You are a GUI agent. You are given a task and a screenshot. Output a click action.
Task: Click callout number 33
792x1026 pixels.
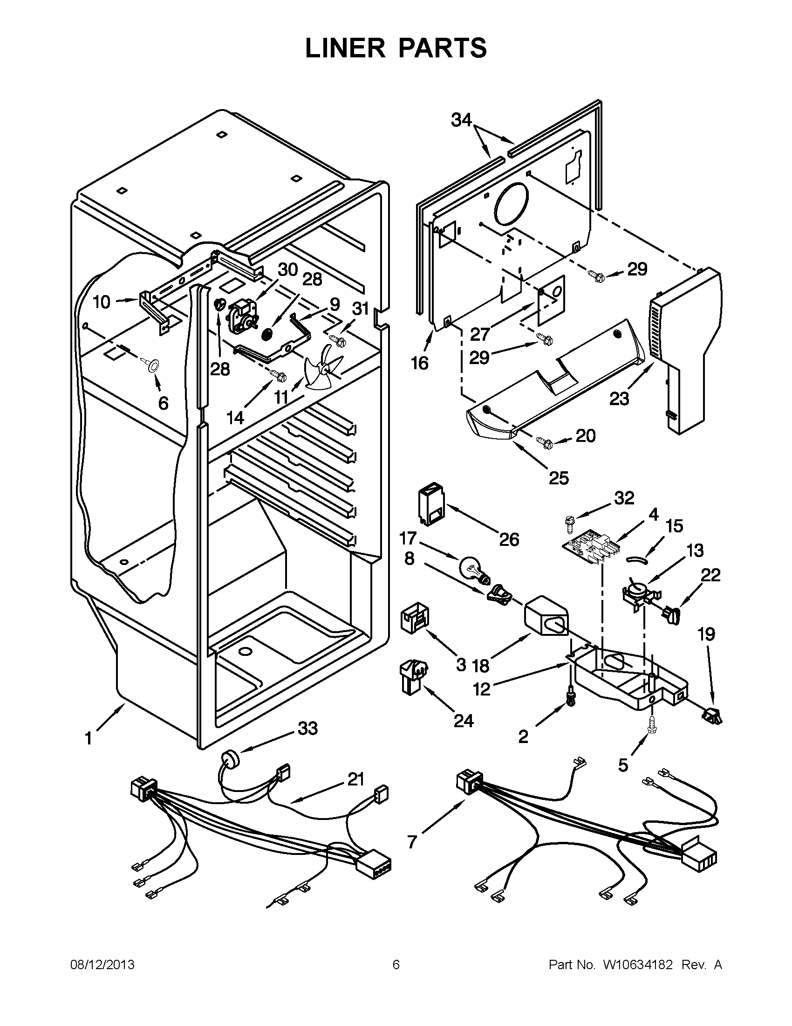[x=307, y=729]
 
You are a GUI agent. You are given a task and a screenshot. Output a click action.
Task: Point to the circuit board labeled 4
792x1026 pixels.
[x=589, y=548]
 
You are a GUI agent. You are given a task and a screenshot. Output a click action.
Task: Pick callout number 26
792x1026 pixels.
[x=509, y=540]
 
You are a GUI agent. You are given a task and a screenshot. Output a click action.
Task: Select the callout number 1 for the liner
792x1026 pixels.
[x=89, y=738]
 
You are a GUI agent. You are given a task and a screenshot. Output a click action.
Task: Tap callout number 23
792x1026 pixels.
[x=620, y=399]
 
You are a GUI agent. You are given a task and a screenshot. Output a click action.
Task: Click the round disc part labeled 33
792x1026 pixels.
[x=230, y=757]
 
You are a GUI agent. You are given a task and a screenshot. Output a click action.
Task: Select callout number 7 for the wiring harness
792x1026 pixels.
[x=412, y=841]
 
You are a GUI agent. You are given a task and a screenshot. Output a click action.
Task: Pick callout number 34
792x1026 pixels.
[x=462, y=120]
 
